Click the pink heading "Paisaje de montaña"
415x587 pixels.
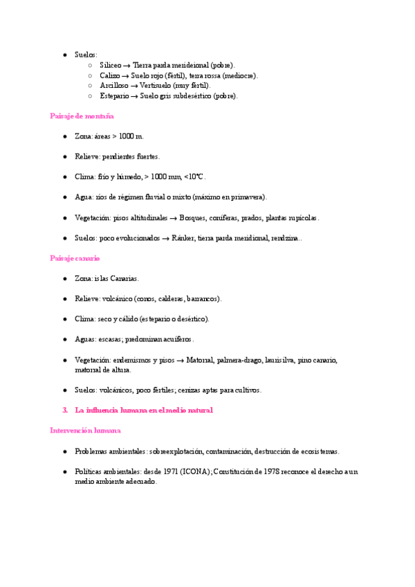[82, 116]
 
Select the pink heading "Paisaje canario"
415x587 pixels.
[75, 258]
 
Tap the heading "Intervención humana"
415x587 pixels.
[85, 431]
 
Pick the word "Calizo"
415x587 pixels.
[109, 75]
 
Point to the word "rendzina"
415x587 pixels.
[283, 238]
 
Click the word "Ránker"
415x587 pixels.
[183, 238]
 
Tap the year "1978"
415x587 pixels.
[269, 471]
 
